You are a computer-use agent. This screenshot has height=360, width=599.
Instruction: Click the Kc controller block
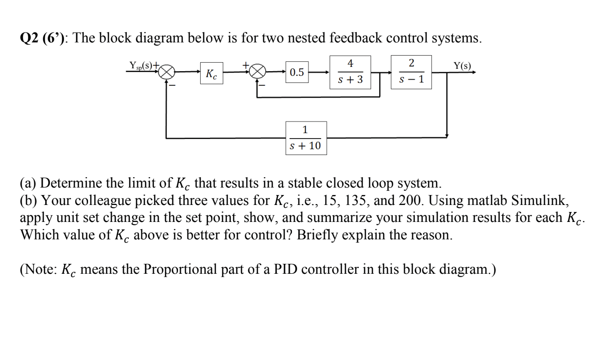[211, 74]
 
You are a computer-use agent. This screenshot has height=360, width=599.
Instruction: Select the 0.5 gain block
[297, 73]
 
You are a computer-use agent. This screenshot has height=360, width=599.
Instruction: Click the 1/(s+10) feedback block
[305, 138]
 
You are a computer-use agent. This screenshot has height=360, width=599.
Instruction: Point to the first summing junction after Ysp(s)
[167, 73]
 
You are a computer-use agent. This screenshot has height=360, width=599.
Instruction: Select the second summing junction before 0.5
[257, 73]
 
